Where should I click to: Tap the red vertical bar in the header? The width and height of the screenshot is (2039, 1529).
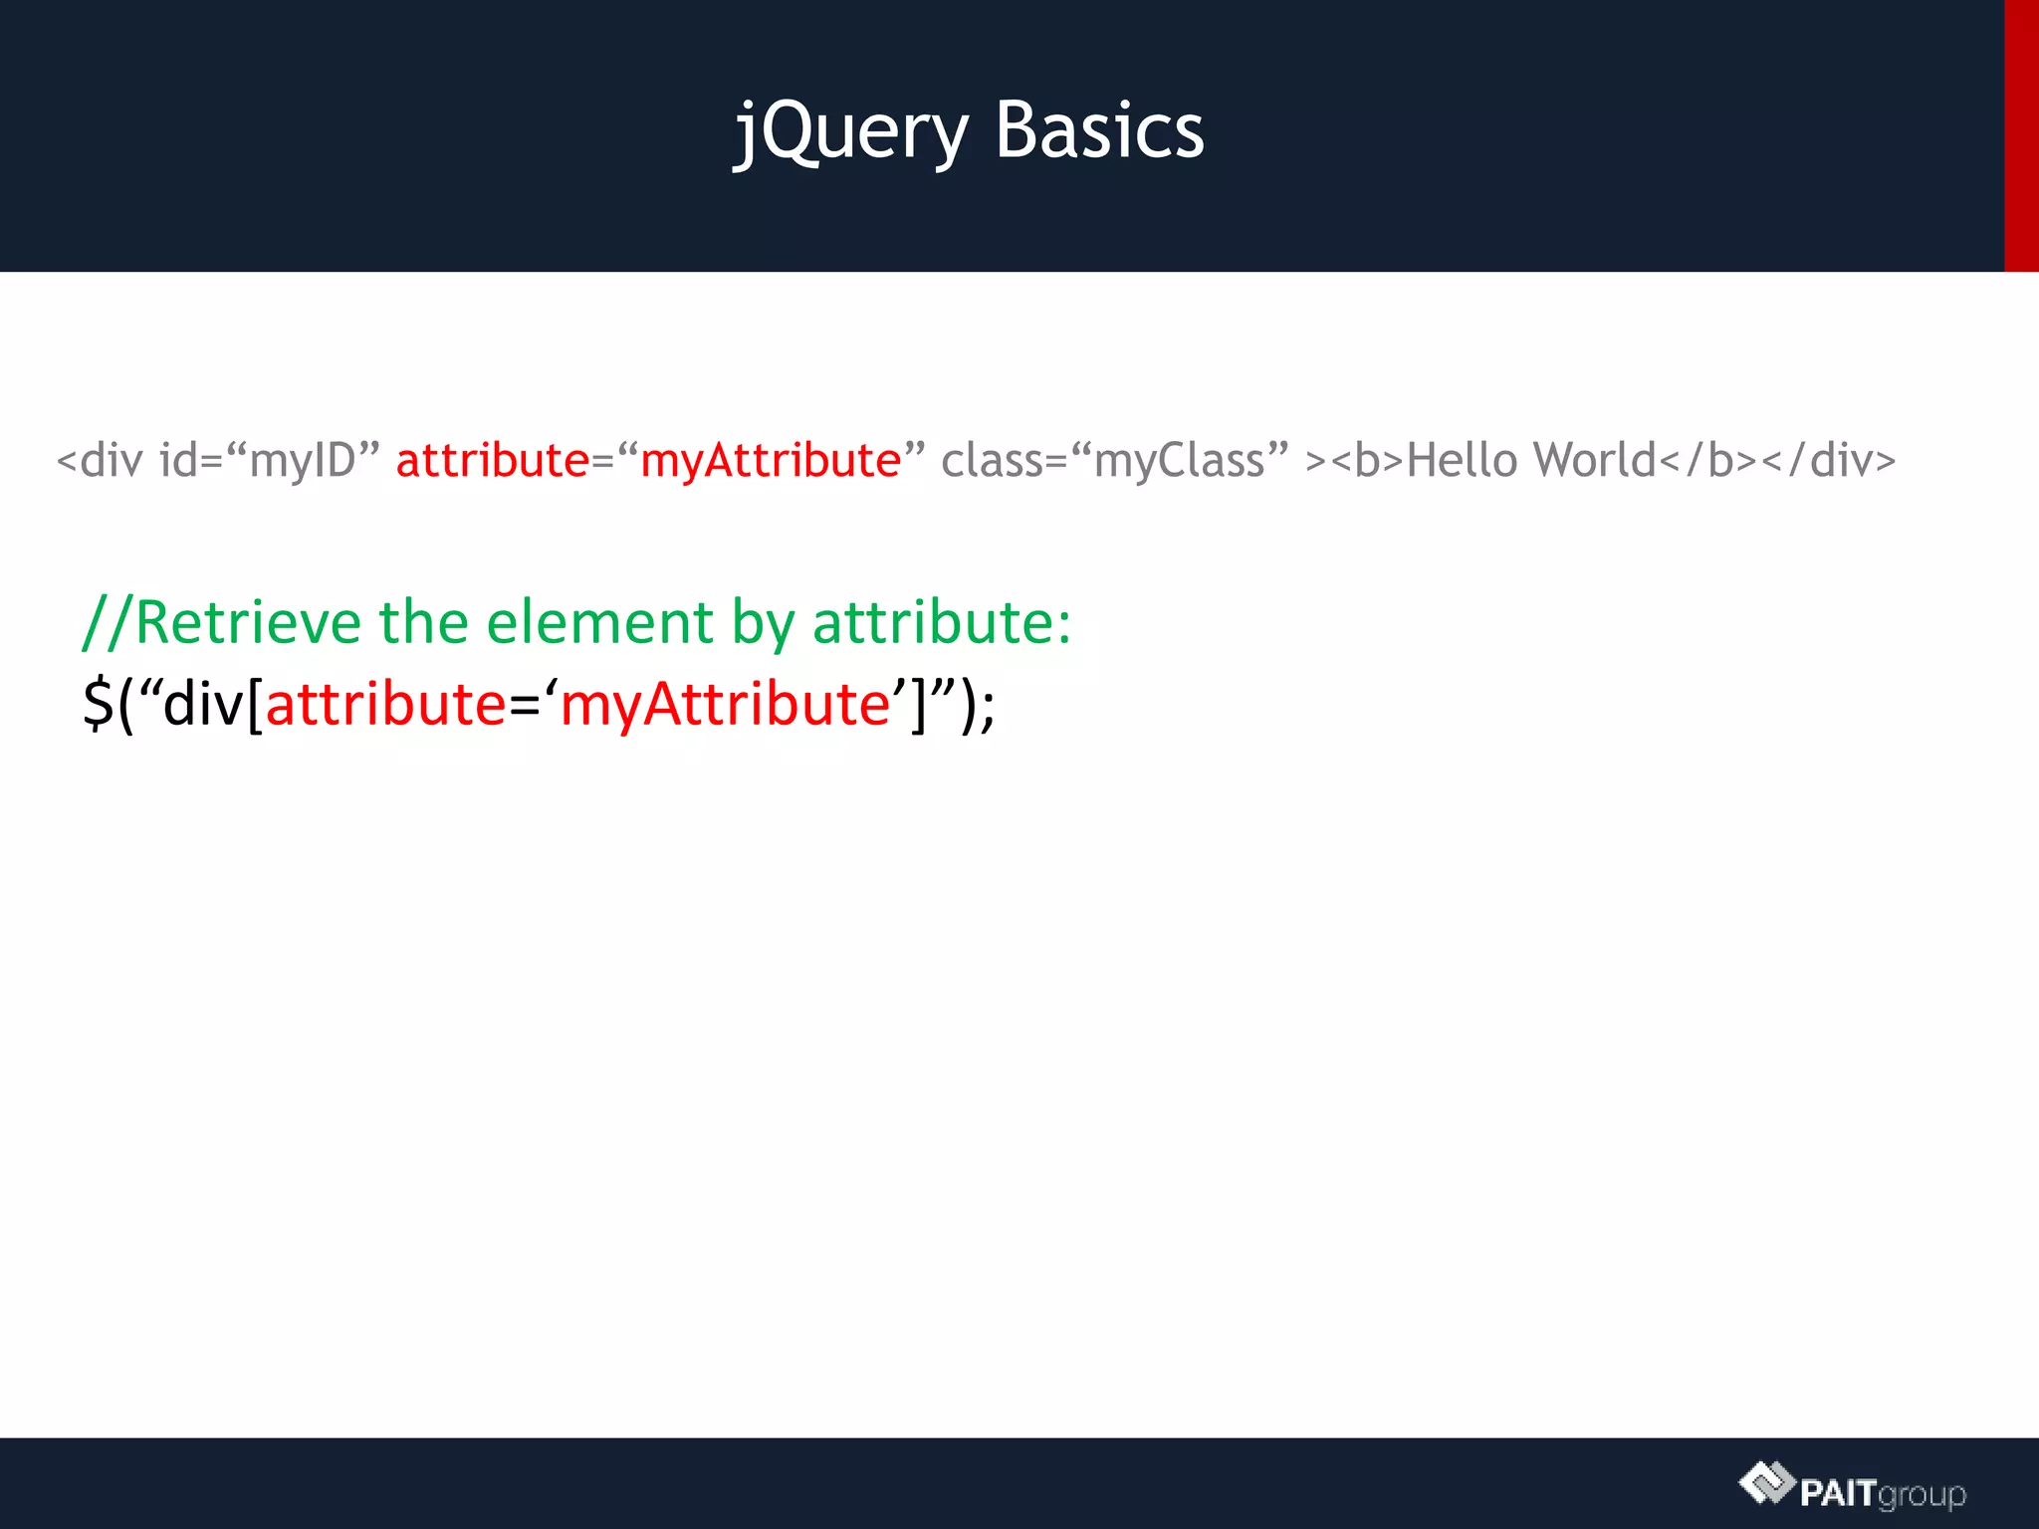pos(2021,135)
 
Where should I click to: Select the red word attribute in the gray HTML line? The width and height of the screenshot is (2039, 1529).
pos(493,461)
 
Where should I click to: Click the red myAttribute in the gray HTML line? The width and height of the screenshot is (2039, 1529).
pos(770,461)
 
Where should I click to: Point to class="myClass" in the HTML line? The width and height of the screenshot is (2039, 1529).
pos(1114,461)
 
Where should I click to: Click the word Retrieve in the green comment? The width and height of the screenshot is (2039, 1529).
pos(247,623)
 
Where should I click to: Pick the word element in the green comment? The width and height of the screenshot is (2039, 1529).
pos(599,623)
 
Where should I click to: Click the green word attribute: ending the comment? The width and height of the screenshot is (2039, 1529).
pos(941,623)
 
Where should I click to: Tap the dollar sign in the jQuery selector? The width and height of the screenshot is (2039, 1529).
pos(98,704)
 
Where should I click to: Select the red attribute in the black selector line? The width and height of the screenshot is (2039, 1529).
pos(385,704)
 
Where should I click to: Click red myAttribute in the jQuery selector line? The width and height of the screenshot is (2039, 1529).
pos(724,704)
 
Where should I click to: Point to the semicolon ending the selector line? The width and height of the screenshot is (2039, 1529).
pos(987,708)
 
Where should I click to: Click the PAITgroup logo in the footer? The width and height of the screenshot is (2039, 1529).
pos(1852,1487)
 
